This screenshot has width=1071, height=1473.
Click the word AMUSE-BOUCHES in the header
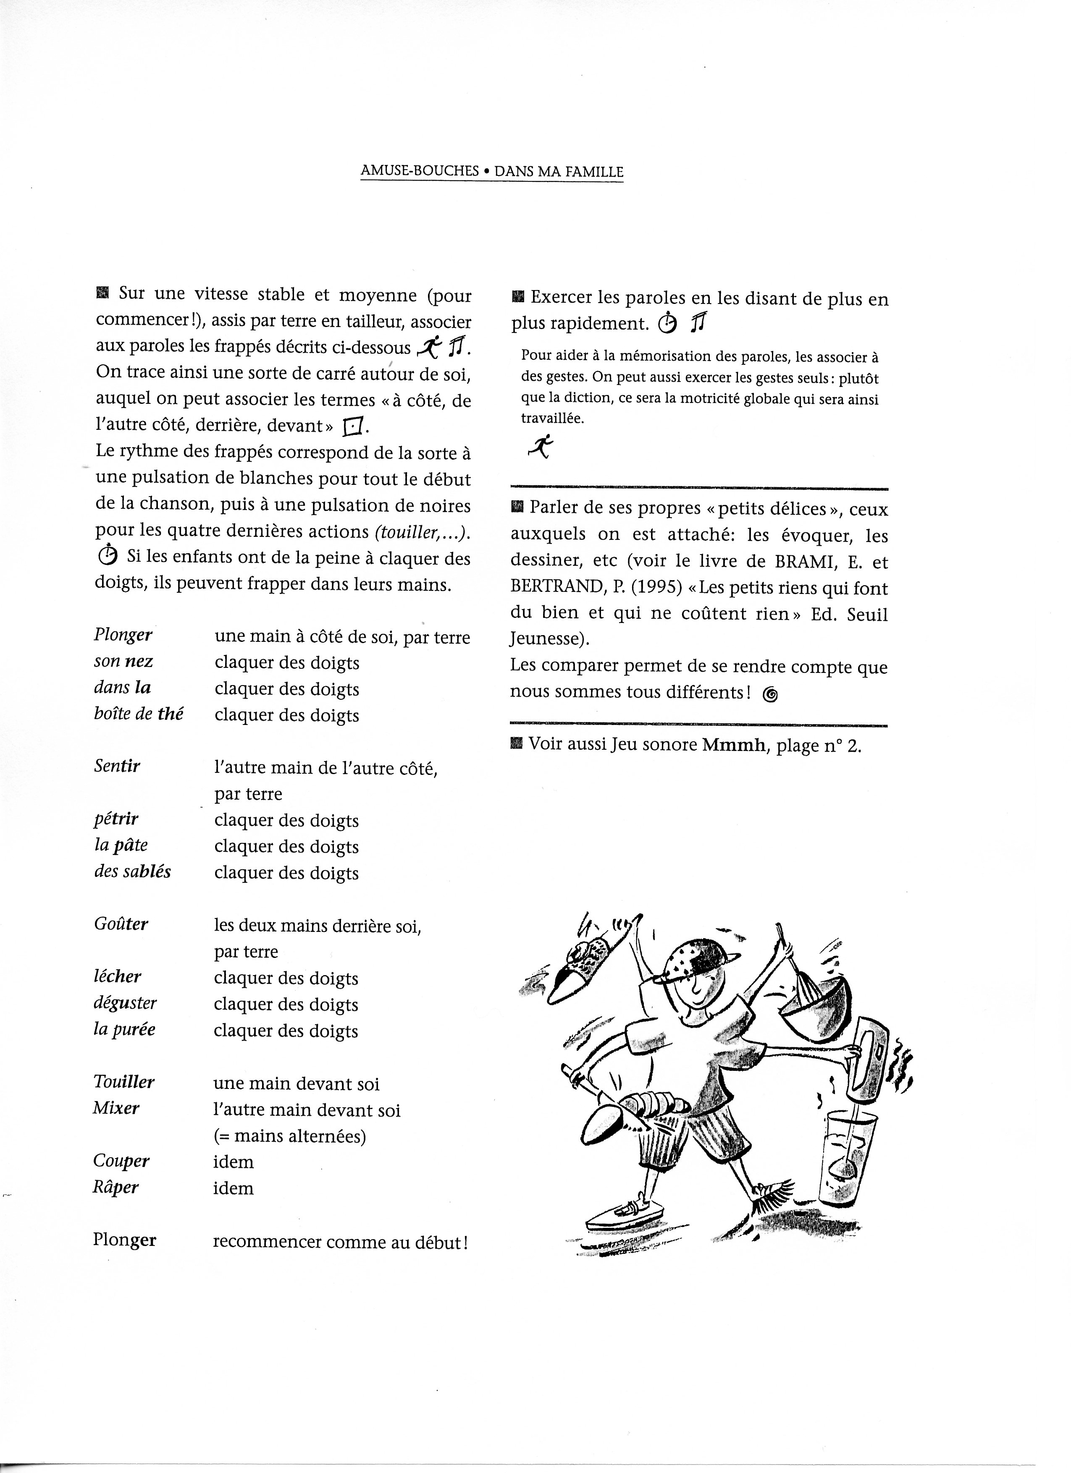click(x=419, y=171)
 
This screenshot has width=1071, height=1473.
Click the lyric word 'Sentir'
click(x=117, y=767)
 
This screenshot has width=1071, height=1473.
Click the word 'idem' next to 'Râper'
click(x=233, y=1188)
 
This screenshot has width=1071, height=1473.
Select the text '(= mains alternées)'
click(x=290, y=1136)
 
